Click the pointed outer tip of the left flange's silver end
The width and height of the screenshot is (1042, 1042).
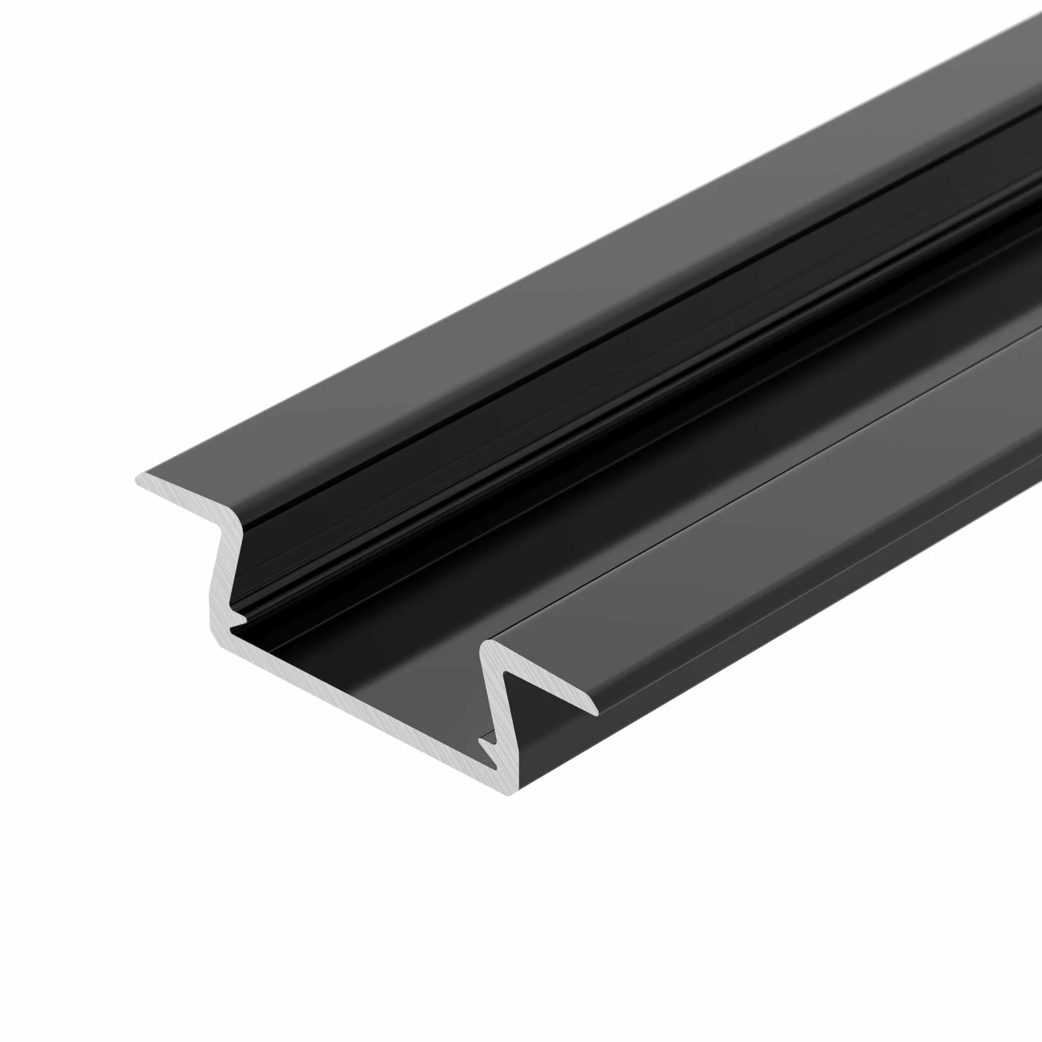point(137,478)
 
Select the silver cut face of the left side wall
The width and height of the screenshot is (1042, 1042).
point(218,582)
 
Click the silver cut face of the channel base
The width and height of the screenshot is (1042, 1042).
point(351,696)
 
